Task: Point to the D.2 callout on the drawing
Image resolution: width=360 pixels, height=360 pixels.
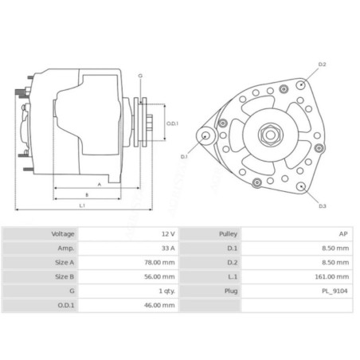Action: [323, 63]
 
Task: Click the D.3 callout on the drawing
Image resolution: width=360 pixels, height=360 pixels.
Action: [323, 206]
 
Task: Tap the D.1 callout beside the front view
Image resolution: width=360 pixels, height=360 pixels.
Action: [184, 156]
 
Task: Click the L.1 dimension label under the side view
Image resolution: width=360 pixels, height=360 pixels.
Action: [83, 206]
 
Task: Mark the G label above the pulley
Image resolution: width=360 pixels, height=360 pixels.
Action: [139, 75]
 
